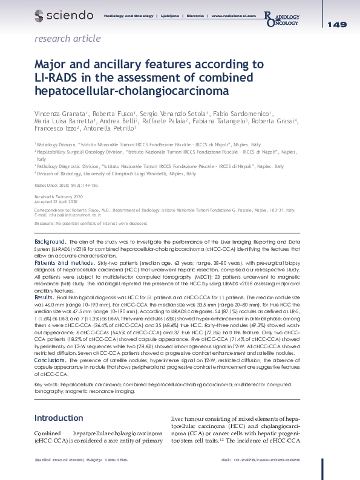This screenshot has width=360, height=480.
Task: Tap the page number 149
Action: [x=337, y=25]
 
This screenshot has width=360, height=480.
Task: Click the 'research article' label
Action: [x=68, y=39]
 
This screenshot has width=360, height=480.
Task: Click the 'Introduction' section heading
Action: [x=58, y=418]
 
